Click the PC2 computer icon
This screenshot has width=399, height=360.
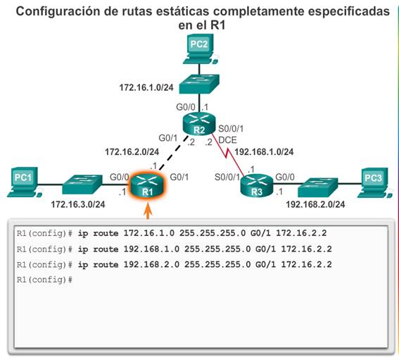coord(200,49)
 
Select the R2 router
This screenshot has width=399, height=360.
coord(199,124)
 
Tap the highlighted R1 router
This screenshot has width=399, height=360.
coord(147,185)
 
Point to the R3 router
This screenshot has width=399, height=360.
coord(256,185)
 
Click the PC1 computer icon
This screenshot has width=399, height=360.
coord(24,182)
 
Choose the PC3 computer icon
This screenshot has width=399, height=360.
coord(374,182)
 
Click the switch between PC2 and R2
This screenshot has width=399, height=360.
coord(199,84)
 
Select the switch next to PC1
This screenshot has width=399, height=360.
coord(82,184)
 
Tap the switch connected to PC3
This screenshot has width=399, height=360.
coord(318,187)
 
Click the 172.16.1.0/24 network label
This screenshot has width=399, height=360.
coord(146,87)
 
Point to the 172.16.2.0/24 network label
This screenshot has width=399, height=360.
coord(132,152)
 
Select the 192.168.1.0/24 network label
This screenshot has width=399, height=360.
coord(264,152)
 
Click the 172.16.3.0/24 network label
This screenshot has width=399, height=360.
coord(78,204)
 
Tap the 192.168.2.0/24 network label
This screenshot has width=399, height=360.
coord(315,204)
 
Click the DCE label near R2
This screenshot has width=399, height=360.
coord(227,140)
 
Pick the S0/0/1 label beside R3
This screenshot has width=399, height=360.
coord(227,177)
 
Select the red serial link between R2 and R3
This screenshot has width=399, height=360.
coord(227,154)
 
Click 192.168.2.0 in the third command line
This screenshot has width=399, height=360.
coord(151,264)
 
